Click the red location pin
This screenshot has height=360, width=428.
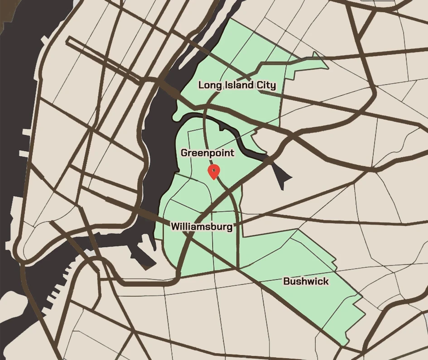[214, 171]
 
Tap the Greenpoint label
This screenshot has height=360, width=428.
[207, 153]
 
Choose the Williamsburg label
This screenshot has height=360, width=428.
[202, 226]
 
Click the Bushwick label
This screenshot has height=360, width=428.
[306, 281]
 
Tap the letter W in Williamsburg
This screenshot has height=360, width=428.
[175, 226]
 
